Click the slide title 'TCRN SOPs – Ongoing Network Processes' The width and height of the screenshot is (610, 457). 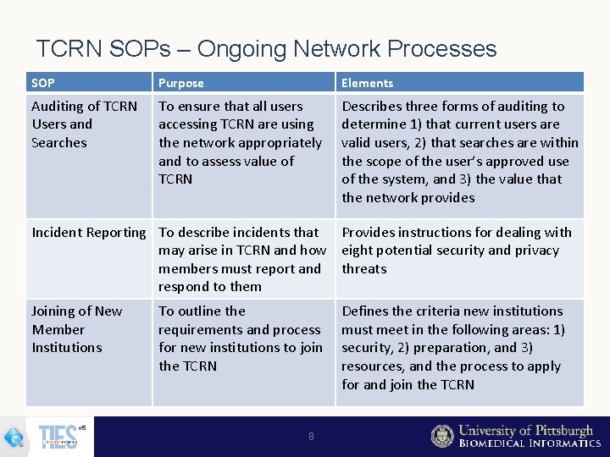[266, 49]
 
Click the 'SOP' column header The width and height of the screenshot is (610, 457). [43, 83]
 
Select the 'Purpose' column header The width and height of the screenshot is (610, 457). [181, 83]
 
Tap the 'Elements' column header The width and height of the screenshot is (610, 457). [367, 83]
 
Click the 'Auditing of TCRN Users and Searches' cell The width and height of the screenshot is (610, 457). [84, 124]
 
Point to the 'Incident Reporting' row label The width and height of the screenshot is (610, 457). [88, 232]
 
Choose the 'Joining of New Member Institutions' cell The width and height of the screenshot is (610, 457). [78, 329]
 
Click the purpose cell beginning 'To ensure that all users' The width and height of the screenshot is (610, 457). [241, 142]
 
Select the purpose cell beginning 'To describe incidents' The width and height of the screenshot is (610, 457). [242, 259]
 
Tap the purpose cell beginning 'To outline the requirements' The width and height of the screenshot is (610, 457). [240, 339]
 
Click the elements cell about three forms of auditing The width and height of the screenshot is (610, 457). [459, 151]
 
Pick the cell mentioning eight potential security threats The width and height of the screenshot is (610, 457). [457, 251]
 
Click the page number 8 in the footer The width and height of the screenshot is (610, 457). [311, 437]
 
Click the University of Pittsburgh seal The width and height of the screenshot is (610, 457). [442, 436]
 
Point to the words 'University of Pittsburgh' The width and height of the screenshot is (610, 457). [526, 431]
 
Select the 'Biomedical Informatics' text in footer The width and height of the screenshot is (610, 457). [530, 443]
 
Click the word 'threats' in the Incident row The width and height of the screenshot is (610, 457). [364, 269]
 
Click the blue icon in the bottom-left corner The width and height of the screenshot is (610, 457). [14, 438]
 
